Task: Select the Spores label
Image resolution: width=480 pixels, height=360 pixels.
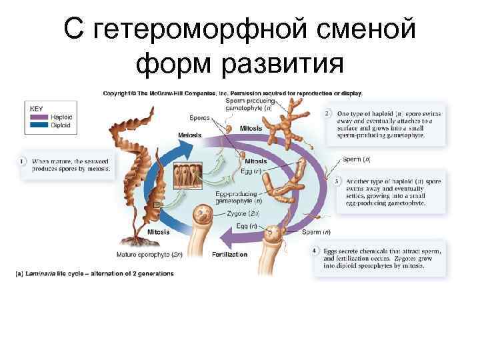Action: (x=199, y=117)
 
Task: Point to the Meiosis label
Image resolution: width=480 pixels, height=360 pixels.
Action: (x=189, y=135)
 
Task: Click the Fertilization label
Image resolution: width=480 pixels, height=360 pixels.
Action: (x=229, y=254)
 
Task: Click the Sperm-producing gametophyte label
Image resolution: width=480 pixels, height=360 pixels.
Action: (x=248, y=103)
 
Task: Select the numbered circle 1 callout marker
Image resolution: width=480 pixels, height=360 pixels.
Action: (x=22, y=161)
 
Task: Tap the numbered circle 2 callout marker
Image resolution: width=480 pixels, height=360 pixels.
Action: (x=327, y=114)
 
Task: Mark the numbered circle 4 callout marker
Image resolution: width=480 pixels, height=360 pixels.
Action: (x=315, y=251)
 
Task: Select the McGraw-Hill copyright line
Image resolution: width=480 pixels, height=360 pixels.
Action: (x=232, y=93)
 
